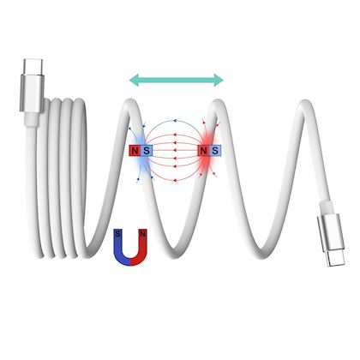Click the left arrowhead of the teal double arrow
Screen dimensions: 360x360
(134, 80)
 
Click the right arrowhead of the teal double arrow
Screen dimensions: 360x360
(219, 80)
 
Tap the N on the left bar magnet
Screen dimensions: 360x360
(135, 151)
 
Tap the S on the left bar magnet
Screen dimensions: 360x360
(147, 151)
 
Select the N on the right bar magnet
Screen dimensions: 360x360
(203, 151)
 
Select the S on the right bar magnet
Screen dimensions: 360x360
(215, 151)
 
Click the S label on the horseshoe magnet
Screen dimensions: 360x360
(117, 234)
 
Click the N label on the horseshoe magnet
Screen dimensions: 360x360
(143, 234)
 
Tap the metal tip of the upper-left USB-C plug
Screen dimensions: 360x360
(33, 67)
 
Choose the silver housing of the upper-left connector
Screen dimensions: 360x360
(32, 93)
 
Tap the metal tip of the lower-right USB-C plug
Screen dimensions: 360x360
(337, 259)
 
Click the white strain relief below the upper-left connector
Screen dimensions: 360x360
(32, 119)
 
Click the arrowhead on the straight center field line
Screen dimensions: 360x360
(175, 150)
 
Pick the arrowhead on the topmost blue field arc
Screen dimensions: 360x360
(175, 120)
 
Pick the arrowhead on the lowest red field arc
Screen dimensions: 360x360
(175, 180)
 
